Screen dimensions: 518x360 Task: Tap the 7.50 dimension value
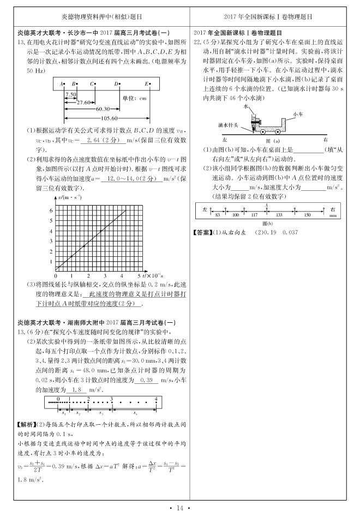70,95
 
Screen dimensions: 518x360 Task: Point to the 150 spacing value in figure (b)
307,215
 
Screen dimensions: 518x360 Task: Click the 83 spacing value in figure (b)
218,215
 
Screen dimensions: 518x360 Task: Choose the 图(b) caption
267,224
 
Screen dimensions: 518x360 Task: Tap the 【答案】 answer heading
202,232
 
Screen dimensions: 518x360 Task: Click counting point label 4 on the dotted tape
156,399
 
